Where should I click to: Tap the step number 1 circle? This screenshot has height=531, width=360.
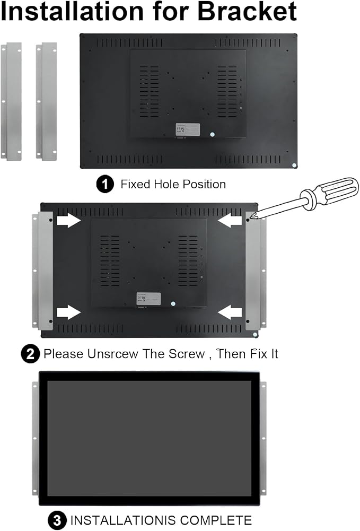coord(105,184)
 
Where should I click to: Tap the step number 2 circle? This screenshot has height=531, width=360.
coord(30,354)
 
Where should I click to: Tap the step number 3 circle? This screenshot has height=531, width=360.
coord(57,520)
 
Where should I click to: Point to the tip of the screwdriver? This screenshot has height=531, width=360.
coord(250,219)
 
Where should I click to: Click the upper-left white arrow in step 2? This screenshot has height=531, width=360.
coord(68,221)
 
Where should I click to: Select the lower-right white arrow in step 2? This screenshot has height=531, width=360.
coord(230,312)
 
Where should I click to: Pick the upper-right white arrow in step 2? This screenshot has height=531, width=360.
coord(230,221)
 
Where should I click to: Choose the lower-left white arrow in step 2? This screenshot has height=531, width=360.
coord(68,312)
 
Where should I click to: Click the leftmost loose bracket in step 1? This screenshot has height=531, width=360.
coord(11,101)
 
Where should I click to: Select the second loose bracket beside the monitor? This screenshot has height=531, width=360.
coord(46,101)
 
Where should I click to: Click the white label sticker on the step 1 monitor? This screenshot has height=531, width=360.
coord(188,130)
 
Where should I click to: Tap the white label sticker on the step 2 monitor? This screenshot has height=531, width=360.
coord(148,299)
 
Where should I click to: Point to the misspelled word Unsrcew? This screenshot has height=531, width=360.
coord(113,354)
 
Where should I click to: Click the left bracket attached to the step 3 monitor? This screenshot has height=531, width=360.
coord(35,438)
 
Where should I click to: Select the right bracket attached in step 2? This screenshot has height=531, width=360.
coord(256,271)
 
